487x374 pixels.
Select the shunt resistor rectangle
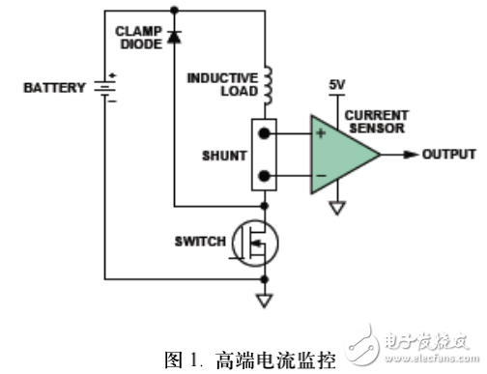click(x=264, y=155)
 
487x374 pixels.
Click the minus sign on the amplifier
click(x=320, y=175)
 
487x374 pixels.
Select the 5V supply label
click(x=336, y=86)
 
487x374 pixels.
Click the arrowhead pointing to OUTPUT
click(x=413, y=154)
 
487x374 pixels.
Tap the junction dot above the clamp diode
click(x=174, y=11)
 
